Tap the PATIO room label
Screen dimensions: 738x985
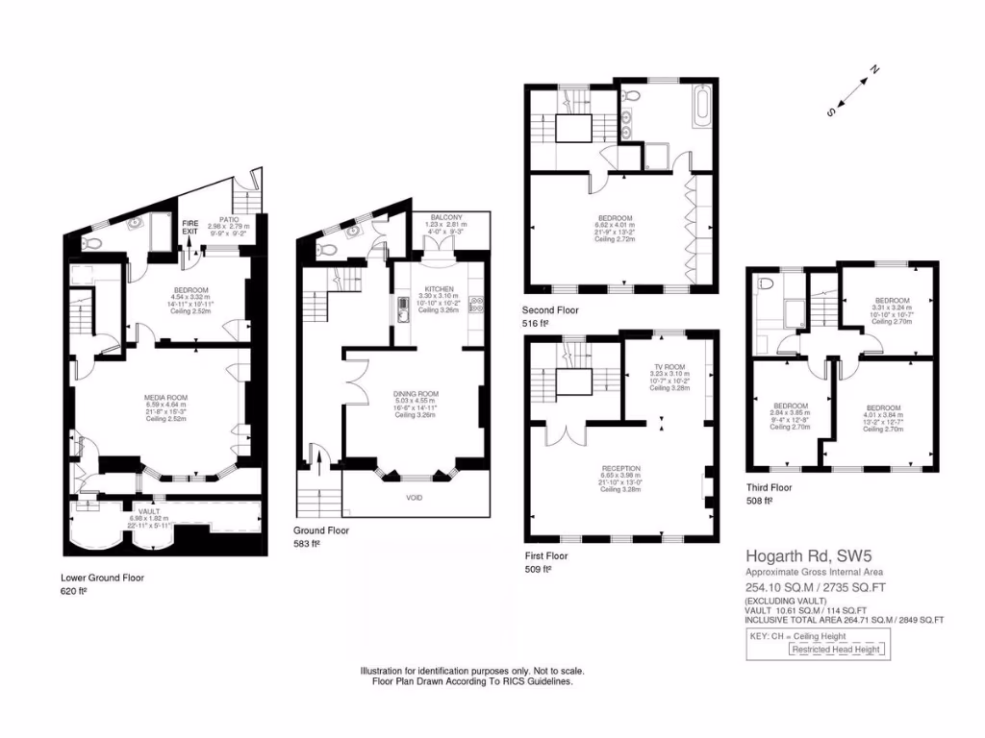[229, 219]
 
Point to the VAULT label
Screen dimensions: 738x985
[149, 511]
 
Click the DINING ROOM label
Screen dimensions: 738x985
[416, 394]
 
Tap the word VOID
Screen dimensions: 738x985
[413, 498]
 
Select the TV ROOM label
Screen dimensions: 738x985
[669, 367]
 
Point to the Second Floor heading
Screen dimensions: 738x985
[550, 310]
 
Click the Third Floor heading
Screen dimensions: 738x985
[770, 487]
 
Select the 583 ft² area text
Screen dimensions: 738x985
[307, 544]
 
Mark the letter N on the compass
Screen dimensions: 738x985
[874, 69]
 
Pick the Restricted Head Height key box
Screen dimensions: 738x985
[835, 650]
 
